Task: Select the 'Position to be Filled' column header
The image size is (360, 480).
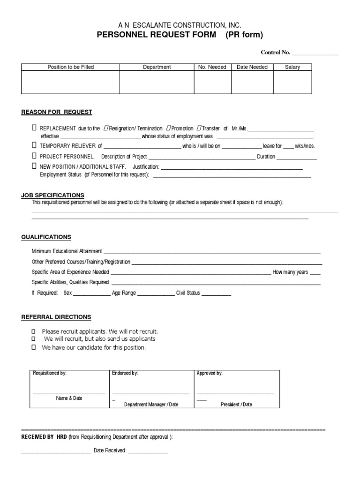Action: pyautogui.click(x=71, y=67)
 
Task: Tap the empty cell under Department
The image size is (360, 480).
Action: pyautogui.click(x=157, y=82)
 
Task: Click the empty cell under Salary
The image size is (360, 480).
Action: pyautogui.click(x=292, y=82)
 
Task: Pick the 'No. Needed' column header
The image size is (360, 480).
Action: pyautogui.click(x=212, y=67)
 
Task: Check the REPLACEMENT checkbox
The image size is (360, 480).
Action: pyautogui.click(x=34, y=128)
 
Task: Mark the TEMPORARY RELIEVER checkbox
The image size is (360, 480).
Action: pyautogui.click(x=34, y=145)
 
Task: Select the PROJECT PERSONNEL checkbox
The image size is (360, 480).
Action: pyautogui.click(x=34, y=156)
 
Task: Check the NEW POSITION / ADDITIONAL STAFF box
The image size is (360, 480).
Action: pyautogui.click(x=34, y=166)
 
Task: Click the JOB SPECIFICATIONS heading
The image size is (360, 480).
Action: pyautogui.click(x=52, y=195)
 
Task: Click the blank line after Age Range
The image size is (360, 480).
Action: pyautogui.click(x=156, y=294)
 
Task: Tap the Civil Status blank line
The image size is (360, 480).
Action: pyautogui.click(x=217, y=294)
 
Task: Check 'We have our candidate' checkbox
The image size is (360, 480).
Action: pyautogui.click(x=33, y=348)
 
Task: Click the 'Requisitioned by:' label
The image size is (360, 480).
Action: pyautogui.click(x=50, y=373)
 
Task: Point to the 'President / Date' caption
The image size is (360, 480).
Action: pyautogui.click(x=236, y=405)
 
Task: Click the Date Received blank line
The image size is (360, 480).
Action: pyautogui.click(x=148, y=451)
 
